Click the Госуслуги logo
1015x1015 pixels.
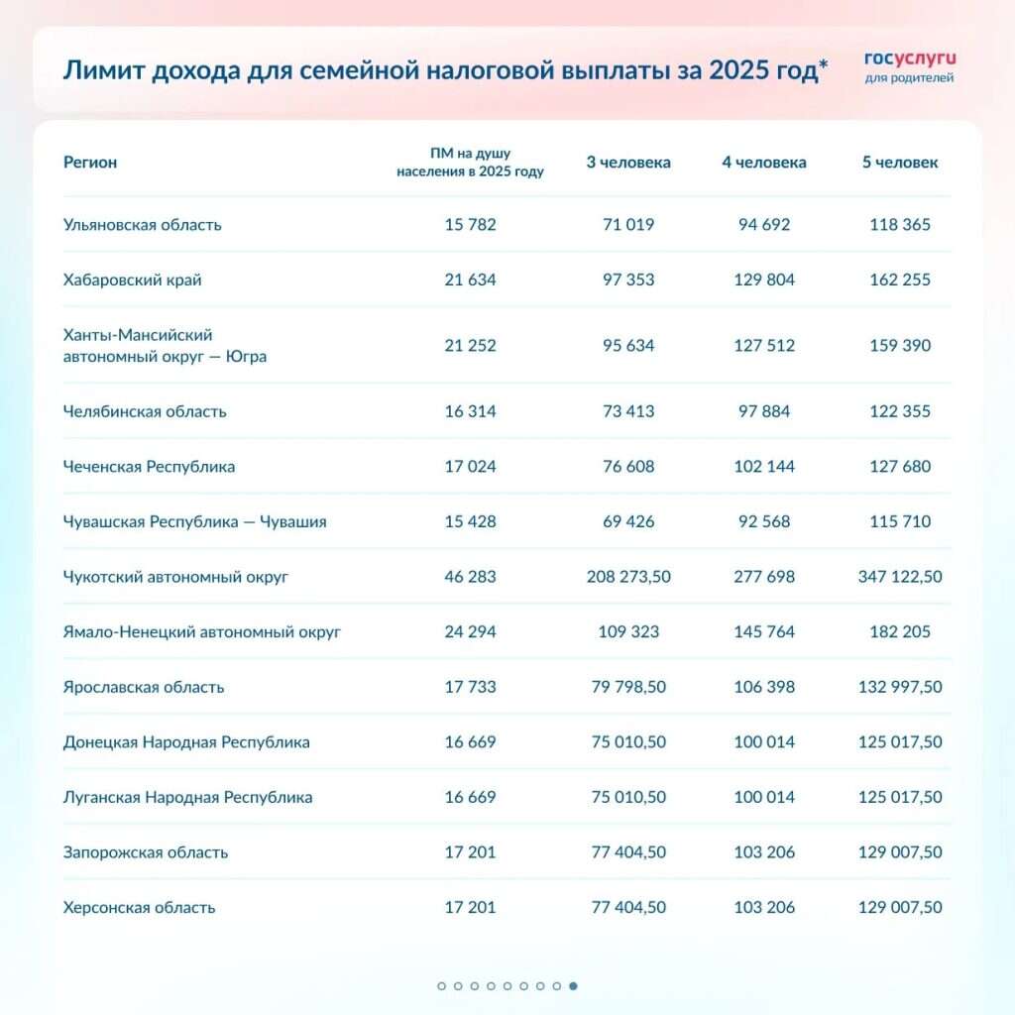[x=909, y=65]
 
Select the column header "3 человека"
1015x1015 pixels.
[x=628, y=163]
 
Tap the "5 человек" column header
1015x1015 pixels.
[x=900, y=163]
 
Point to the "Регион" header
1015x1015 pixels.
[x=90, y=163]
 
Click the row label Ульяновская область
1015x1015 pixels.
[x=142, y=225]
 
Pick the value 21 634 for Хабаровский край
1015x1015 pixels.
[x=470, y=281]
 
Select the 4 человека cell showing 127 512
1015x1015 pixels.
[x=763, y=346]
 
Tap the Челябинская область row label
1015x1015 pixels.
[x=145, y=411]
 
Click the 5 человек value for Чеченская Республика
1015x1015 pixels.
[x=900, y=467]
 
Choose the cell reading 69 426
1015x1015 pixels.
[x=628, y=522]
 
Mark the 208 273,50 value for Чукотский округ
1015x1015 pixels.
[x=628, y=577]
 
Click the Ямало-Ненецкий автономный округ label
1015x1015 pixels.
[x=202, y=632]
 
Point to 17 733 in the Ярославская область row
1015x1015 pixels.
[x=470, y=687]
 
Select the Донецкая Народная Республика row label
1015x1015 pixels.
[x=186, y=742]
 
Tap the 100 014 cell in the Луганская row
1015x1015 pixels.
[x=763, y=798]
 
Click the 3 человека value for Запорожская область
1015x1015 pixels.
[x=628, y=852]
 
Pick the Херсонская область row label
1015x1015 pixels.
[x=139, y=908]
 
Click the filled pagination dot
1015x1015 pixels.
[x=574, y=986]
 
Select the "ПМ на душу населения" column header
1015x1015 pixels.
[x=470, y=163]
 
